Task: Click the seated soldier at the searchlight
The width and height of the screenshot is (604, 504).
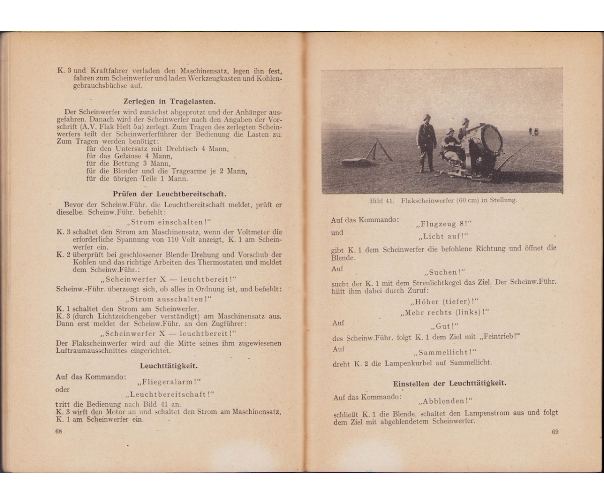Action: [x=450, y=146]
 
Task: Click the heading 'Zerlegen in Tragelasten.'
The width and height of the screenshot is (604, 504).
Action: [x=169, y=101]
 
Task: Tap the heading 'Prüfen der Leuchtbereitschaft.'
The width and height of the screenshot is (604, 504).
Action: [x=169, y=193]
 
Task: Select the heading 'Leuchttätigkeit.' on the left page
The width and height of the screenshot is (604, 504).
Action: [x=169, y=366]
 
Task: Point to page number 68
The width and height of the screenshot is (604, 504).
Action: [x=59, y=431]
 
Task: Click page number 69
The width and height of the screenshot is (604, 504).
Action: [x=555, y=431]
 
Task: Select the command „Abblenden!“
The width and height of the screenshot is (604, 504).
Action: [x=445, y=401]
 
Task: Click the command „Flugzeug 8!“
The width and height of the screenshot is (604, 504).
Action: [x=445, y=224]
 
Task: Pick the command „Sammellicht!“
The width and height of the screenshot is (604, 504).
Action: [x=444, y=352]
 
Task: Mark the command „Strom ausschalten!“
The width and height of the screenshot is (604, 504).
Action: [x=169, y=299]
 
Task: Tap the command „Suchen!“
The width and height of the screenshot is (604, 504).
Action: [x=445, y=272]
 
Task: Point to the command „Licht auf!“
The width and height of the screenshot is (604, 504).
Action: [x=443, y=236]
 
